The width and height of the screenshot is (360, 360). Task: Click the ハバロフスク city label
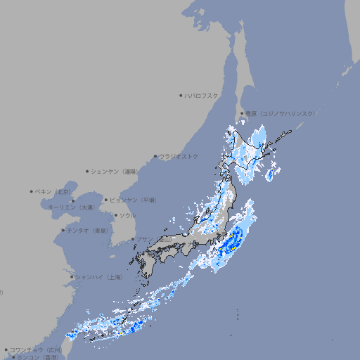point(201,95)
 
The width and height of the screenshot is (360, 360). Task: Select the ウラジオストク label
point(179,156)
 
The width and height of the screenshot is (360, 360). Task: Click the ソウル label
point(127,215)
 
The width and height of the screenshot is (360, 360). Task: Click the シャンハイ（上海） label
point(98,277)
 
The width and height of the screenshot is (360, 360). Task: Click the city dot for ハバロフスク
point(181,95)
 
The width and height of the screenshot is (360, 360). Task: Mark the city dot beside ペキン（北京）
point(32,191)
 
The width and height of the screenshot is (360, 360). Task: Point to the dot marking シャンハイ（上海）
point(72,277)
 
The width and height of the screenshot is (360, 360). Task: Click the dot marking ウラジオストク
point(155,156)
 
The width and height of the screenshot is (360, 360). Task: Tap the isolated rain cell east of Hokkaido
point(270,174)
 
